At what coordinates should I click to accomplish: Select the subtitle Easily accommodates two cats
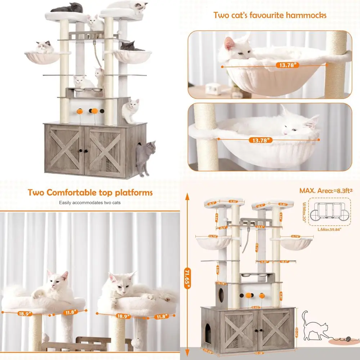point(90,203)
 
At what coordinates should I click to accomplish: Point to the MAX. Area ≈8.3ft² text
point(325,190)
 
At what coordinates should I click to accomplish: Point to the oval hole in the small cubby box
point(222,295)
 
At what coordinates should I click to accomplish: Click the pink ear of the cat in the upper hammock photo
point(229,44)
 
